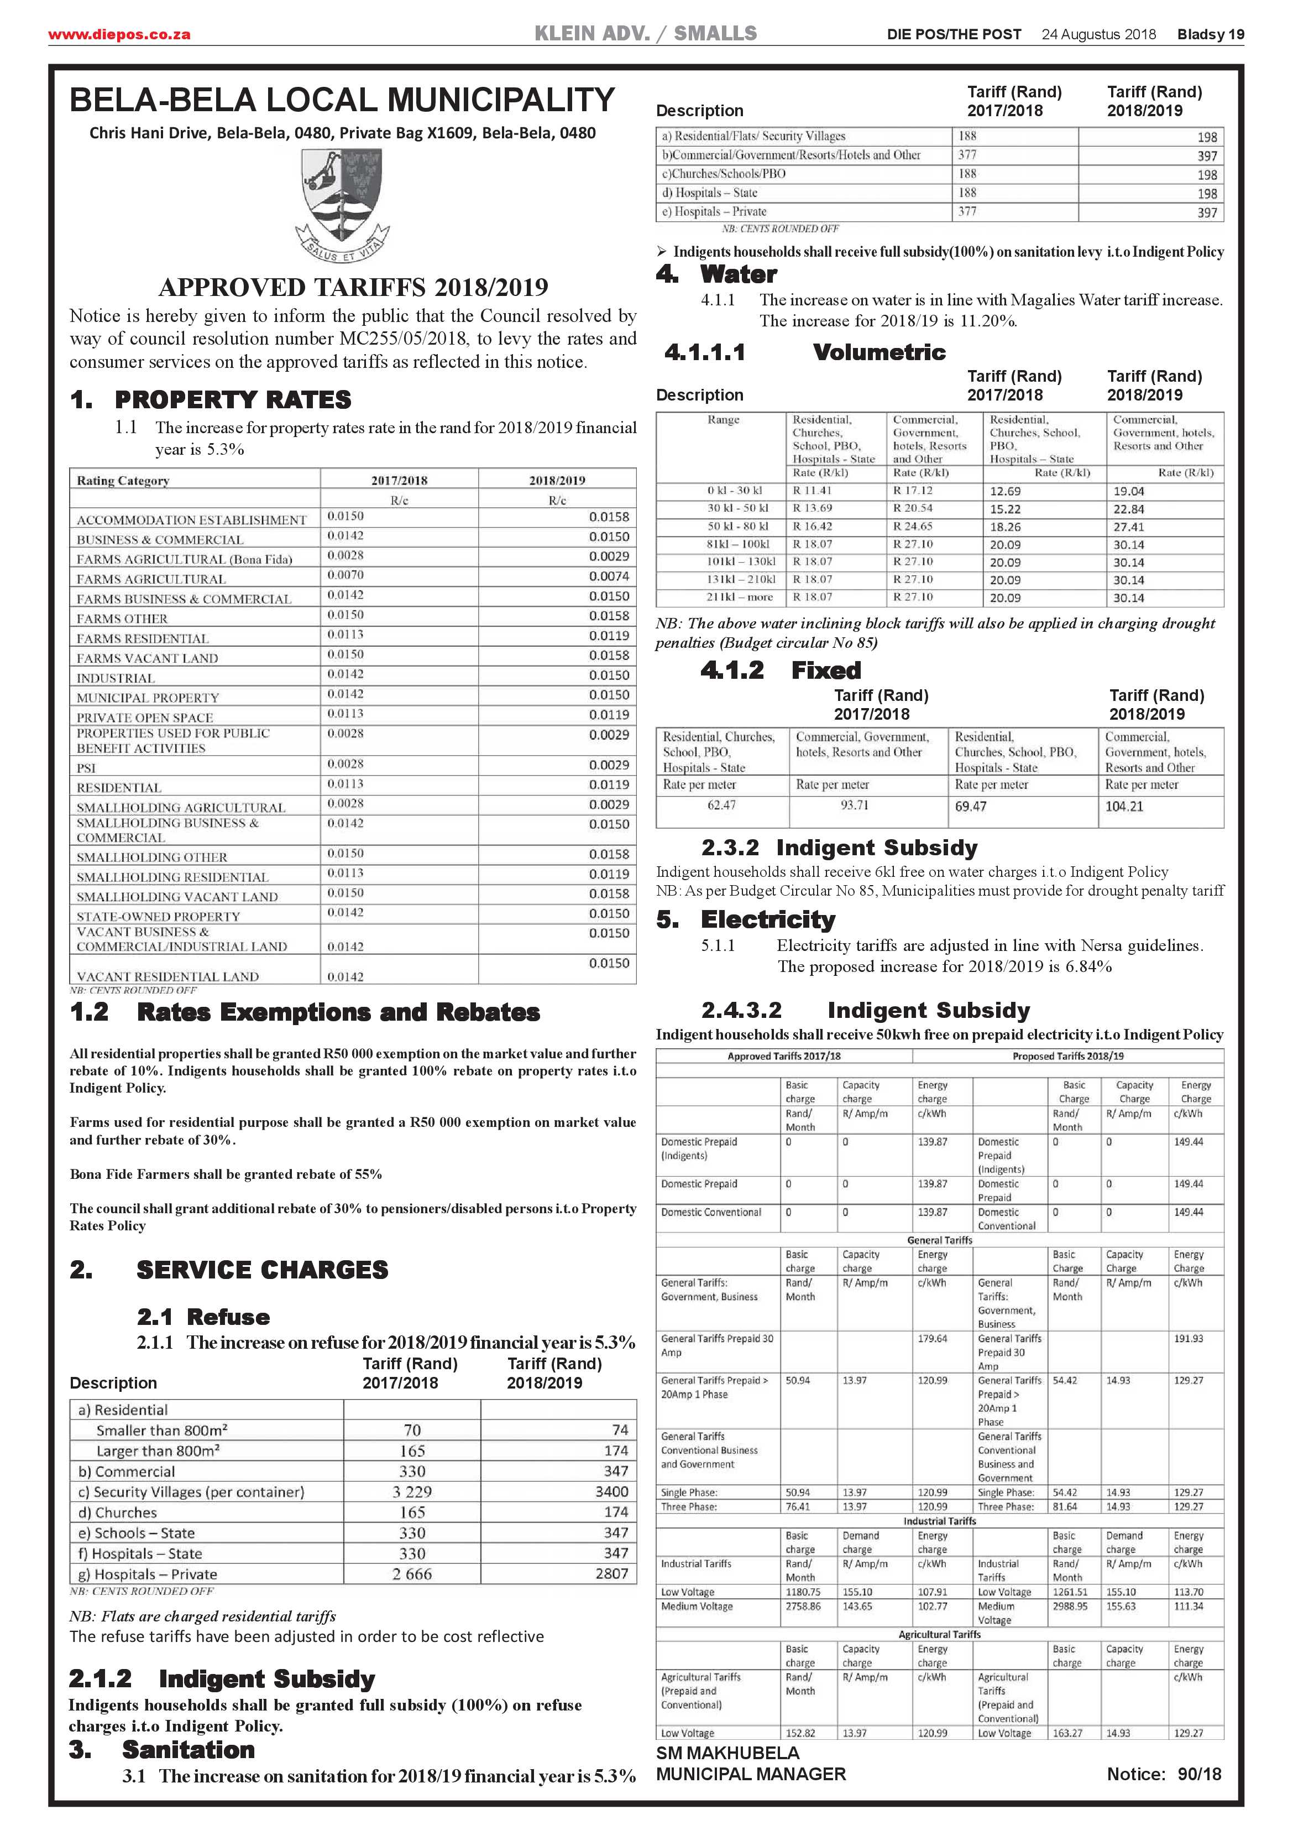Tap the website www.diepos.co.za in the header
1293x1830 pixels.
click(x=119, y=34)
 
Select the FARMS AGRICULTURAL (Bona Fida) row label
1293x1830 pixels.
click(x=184, y=559)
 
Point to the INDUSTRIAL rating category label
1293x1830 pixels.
click(x=116, y=678)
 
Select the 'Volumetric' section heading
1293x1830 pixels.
click(x=879, y=352)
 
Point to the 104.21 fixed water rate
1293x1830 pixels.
click(x=1123, y=807)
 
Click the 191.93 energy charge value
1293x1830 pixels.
click(x=1188, y=1339)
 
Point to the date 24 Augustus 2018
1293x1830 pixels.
click(x=1098, y=34)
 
